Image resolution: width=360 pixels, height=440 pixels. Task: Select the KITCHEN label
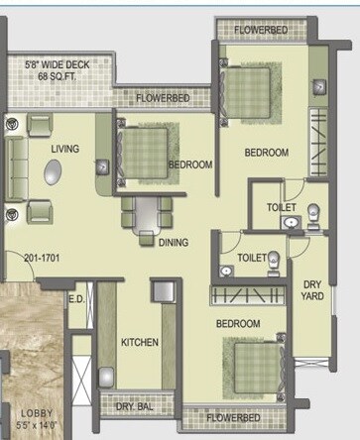(x=140, y=343)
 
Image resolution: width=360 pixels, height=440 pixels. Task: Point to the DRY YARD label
(x=313, y=289)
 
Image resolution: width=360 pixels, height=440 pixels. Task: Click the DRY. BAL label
(x=133, y=405)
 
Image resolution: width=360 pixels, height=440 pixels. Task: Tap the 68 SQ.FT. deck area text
(x=58, y=76)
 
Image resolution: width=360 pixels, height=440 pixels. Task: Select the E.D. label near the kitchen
(x=75, y=297)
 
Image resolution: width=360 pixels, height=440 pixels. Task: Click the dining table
(x=146, y=211)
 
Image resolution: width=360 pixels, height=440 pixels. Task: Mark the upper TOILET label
(x=281, y=207)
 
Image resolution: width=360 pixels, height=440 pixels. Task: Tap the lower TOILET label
(x=251, y=258)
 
